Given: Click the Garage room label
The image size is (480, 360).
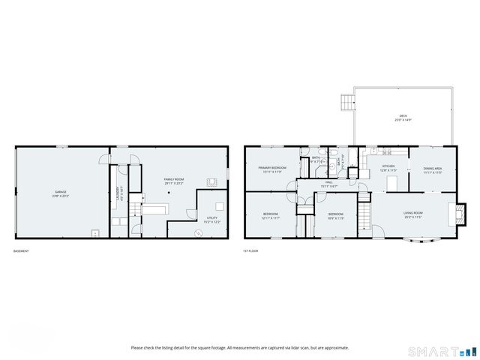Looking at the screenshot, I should [61, 193].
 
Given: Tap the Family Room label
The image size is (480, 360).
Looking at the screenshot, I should [174, 180].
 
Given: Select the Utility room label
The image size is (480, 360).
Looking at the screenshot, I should [212, 220].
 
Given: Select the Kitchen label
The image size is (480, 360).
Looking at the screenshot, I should [388, 168].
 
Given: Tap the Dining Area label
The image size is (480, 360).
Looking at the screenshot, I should [432, 170].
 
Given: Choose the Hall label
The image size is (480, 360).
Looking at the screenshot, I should [328, 184].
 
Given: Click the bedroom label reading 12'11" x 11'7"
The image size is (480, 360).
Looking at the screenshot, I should [270, 216].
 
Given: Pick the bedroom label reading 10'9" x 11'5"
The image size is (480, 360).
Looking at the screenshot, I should [335, 216].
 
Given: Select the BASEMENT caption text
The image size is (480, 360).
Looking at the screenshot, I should [21, 250].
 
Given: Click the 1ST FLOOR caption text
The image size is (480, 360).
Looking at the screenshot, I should [250, 250].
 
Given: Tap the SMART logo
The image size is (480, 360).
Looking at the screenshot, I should [441, 351].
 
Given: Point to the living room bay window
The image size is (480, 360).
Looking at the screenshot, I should [414, 241].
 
